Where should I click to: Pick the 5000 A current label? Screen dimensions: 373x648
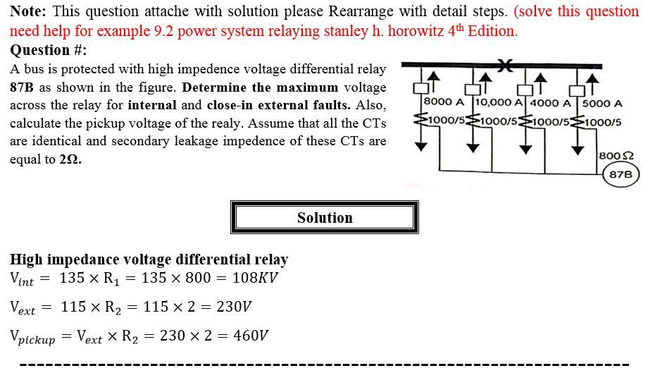(602, 104)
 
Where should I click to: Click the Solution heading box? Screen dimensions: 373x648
(324, 218)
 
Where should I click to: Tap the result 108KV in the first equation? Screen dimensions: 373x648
(254, 277)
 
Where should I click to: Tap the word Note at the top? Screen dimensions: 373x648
(27, 11)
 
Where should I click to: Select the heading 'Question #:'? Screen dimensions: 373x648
(49, 50)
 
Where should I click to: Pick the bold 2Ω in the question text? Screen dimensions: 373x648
(70, 159)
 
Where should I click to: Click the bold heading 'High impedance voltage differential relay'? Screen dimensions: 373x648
(149, 259)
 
